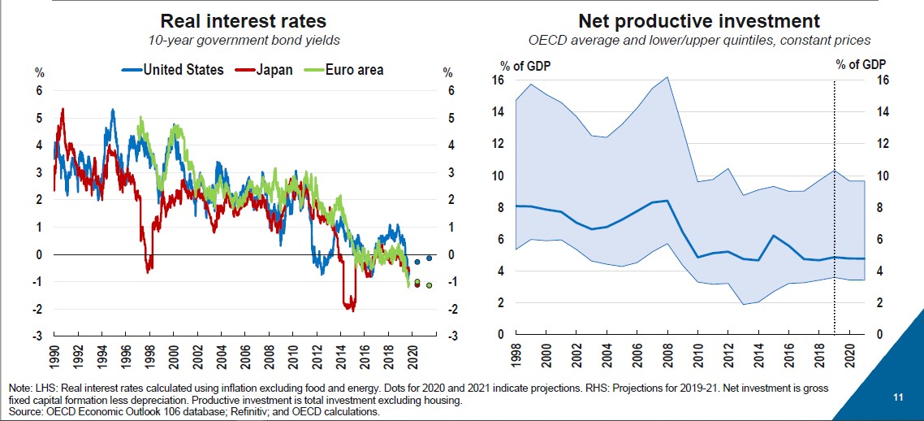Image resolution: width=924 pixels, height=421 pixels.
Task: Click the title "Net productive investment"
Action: point(698,21)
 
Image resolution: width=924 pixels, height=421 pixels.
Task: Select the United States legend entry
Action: point(173,70)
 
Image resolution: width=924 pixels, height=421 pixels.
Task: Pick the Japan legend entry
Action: point(264,70)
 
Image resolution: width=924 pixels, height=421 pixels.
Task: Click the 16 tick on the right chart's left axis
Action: point(499,80)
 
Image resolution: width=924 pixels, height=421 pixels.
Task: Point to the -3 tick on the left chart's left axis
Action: point(38,336)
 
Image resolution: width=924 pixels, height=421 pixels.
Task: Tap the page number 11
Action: point(898,397)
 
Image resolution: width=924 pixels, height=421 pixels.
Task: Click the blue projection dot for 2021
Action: point(429,258)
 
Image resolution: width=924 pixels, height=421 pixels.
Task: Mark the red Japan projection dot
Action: point(417,284)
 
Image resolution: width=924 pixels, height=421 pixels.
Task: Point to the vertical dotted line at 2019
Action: point(835,203)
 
